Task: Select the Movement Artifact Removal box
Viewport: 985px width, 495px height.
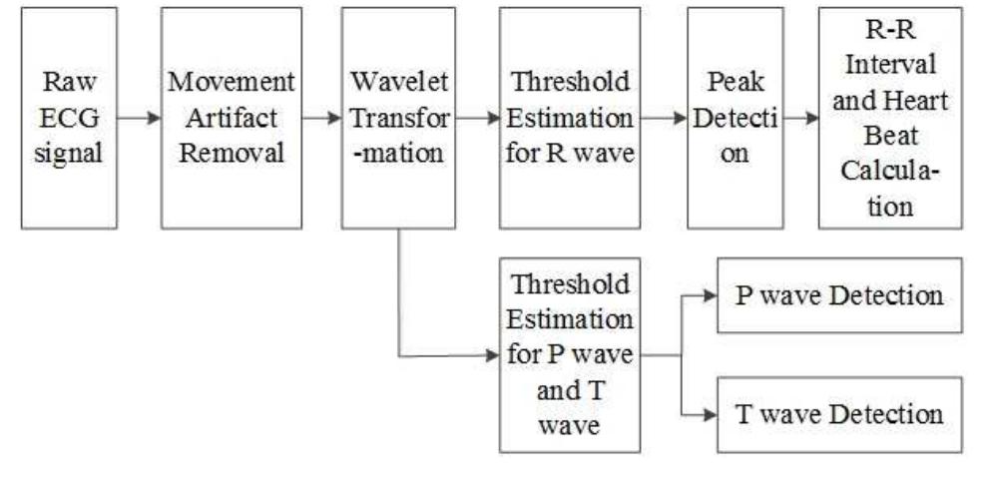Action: [x=232, y=118]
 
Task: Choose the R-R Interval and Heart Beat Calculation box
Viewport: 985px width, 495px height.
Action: [x=890, y=118]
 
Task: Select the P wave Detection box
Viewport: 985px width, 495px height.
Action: [x=839, y=295]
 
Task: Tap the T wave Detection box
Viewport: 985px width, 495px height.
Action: [x=839, y=413]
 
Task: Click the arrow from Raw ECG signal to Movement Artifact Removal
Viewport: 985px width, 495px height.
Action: [x=139, y=119]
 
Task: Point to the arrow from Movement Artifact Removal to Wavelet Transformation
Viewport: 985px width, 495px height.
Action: [x=321, y=119]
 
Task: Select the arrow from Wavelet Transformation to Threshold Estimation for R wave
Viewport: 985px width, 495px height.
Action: [x=477, y=119]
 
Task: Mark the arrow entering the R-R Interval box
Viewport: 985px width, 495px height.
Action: [x=800, y=119]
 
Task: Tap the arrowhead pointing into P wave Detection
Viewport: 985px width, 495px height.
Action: [x=710, y=296]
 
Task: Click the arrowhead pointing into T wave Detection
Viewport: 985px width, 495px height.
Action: [x=710, y=414]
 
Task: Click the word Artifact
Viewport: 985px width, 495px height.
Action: [x=232, y=118]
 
